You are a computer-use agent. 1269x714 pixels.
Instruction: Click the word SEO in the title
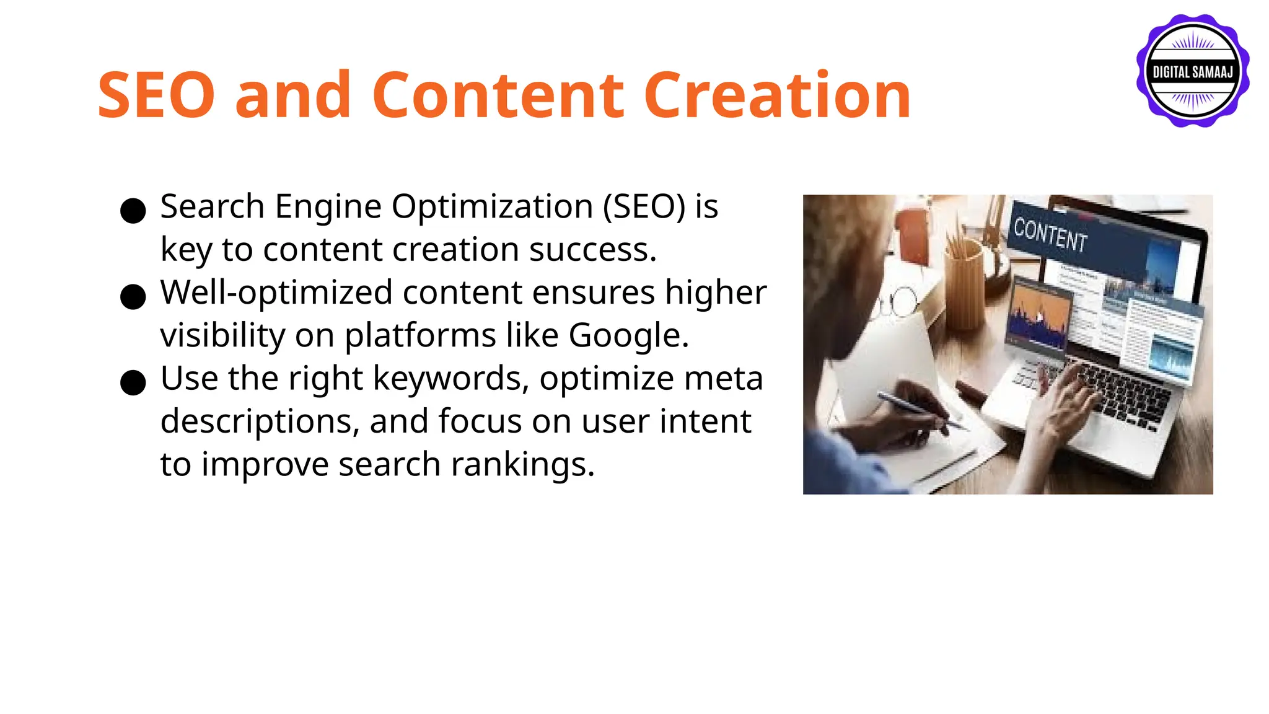tap(156, 95)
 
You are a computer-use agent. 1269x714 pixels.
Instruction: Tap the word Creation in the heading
tap(777, 95)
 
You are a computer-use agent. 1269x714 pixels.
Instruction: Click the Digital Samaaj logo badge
tap(1192, 71)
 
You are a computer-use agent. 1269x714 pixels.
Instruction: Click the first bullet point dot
tap(133, 211)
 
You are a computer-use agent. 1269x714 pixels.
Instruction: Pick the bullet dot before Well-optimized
tap(133, 297)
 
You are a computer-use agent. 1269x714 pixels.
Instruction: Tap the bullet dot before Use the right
tap(133, 382)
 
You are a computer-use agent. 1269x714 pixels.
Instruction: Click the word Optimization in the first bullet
tap(492, 207)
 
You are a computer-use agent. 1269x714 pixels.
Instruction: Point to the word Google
tap(627, 336)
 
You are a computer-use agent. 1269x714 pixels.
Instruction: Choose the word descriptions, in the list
tap(260, 422)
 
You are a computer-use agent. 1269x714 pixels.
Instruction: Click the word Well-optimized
tap(276, 293)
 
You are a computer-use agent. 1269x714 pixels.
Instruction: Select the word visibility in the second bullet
tap(222, 336)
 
